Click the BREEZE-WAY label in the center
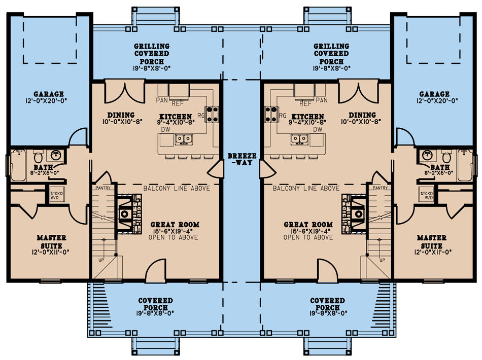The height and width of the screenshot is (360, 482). pyautogui.click(x=242, y=159)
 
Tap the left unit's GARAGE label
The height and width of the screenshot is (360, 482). pyautogui.click(x=49, y=94)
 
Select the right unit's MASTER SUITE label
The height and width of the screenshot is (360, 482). pyautogui.click(x=432, y=242)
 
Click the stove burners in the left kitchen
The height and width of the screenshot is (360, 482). pyautogui.click(x=212, y=114)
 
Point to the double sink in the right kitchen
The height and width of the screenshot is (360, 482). pyautogui.click(x=299, y=139)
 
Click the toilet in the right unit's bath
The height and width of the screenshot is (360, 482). pyautogui.click(x=446, y=156)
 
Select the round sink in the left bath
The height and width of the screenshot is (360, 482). pyautogui.click(x=56, y=155)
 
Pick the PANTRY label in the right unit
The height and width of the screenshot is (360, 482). pyautogui.click(x=380, y=188)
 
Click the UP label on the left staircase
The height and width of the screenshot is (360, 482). pyautogui.click(x=101, y=260)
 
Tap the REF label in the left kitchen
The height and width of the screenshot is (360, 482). pyautogui.click(x=178, y=103)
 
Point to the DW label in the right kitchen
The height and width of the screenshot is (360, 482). pyautogui.click(x=318, y=130)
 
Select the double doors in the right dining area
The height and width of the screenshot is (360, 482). pyautogui.click(x=358, y=92)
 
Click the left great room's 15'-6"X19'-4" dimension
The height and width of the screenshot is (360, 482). pyautogui.click(x=174, y=231)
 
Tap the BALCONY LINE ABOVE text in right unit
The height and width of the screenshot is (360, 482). pyautogui.click(x=306, y=188)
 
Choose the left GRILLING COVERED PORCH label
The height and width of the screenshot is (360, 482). pyautogui.click(x=152, y=54)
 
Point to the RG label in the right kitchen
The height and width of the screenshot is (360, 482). pyautogui.click(x=282, y=116)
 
